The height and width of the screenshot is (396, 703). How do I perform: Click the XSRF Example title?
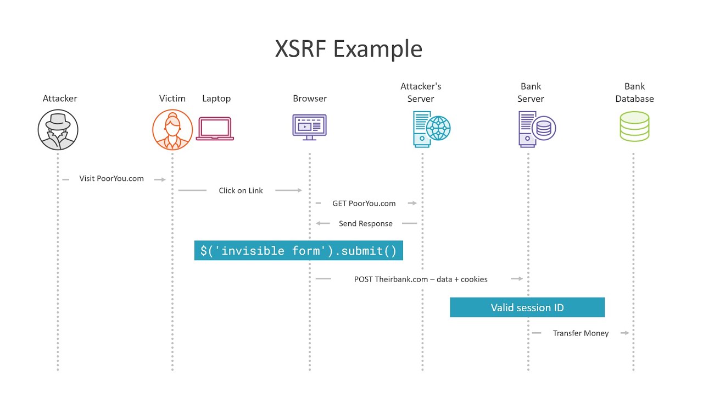pos(349,49)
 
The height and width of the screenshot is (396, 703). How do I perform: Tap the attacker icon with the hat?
pos(58,129)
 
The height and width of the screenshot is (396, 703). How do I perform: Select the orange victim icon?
pos(172,129)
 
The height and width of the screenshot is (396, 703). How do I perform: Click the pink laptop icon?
pos(215,129)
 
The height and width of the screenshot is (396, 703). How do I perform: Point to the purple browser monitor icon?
pos(309,127)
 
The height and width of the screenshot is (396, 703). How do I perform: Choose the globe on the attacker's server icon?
pos(438,128)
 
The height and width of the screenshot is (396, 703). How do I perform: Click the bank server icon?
pos(537,129)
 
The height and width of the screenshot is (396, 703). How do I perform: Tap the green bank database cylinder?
pos(634,127)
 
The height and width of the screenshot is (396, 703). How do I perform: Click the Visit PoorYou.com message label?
pos(111,179)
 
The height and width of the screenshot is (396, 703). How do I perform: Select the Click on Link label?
pos(241,190)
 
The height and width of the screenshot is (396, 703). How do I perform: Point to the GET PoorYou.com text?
pos(364,204)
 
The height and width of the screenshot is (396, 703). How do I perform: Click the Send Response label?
pos(366,223)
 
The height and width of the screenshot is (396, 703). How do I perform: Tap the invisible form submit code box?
pos(298,250)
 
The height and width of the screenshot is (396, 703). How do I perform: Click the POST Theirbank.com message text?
pos(421,279)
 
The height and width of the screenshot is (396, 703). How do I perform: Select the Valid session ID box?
pos(527,307)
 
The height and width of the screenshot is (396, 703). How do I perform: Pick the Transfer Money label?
pos(581,333)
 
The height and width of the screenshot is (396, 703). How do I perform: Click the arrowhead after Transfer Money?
pos(627,333)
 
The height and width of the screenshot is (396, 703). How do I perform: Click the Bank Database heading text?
pos(634,92)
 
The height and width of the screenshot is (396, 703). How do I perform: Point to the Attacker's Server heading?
pos(421,92)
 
